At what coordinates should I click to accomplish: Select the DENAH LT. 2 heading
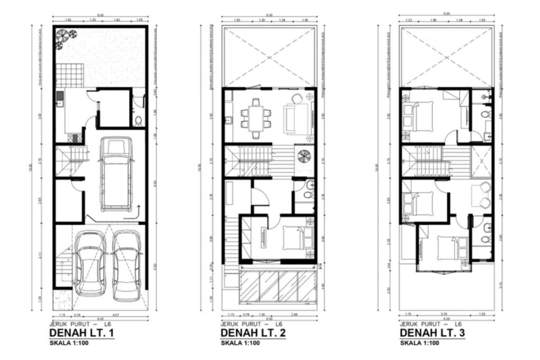click(x=253, y=334)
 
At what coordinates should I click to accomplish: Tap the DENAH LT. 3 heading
click(x=431, y=334)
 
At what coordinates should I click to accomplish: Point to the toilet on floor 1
click(x=138, y=122)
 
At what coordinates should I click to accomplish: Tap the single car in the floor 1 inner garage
click(x=115, y=173)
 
